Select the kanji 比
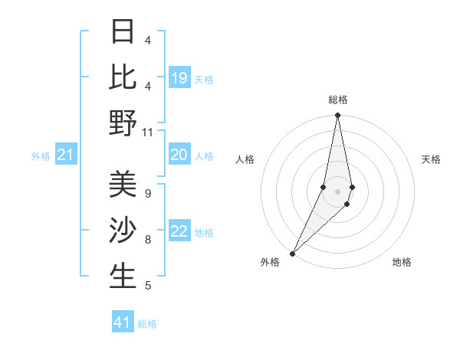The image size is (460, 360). pyautogui.click(x=123, y=77)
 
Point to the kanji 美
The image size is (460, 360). pyautogui.click(x=123, y=185)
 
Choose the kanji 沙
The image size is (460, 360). pyautogui.click(x=123, y=231)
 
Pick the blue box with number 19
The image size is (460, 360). pyautogui.click(x=179, y=78)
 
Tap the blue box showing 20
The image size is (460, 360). pyautogui.click(x=179, y=155)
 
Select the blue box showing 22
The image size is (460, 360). pyautogui.click(x=179, y=232)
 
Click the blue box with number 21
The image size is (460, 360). pyautogui.click(x=66, y=155)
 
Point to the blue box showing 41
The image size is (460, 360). pyautogui.click(x=123, y=322)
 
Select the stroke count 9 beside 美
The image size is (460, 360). pyautogui.click(x=147, y=194)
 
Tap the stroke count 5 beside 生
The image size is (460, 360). pyautogui.click(x=147, y=286)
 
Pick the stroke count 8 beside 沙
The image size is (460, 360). pyautogui.click(x=147, y=240)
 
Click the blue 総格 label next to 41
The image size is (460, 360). pyautogui.click(x=147, y=324)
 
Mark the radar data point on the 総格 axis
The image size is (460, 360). pyautogui.click(x=337, y=116)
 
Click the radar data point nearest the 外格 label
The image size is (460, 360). pyautogui.click(x=293, y=253)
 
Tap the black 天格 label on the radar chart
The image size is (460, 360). pyautogui.click(x=431, y=159)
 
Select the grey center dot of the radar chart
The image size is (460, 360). pyautogui.click(x=337, y=191)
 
